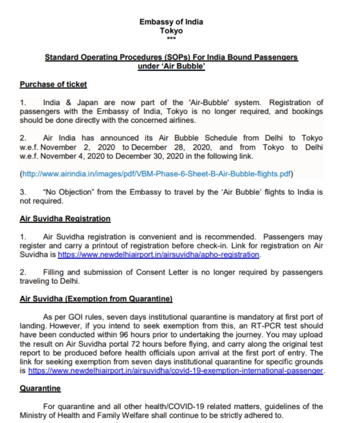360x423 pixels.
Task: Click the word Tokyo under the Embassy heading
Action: point(171,30)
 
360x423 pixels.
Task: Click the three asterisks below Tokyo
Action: point(171,38)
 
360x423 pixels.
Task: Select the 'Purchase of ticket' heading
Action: point(53,84)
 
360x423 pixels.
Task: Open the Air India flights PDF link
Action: point(156,174)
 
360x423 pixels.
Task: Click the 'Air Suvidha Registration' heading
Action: point(65,219)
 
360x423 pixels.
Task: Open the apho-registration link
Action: point(158,255)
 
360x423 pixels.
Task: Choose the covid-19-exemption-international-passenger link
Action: point(175,371)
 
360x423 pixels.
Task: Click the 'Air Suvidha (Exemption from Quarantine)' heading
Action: point(96,298)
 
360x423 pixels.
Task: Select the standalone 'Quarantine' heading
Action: point(40,388)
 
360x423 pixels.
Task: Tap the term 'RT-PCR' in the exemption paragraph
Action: point(274,326)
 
